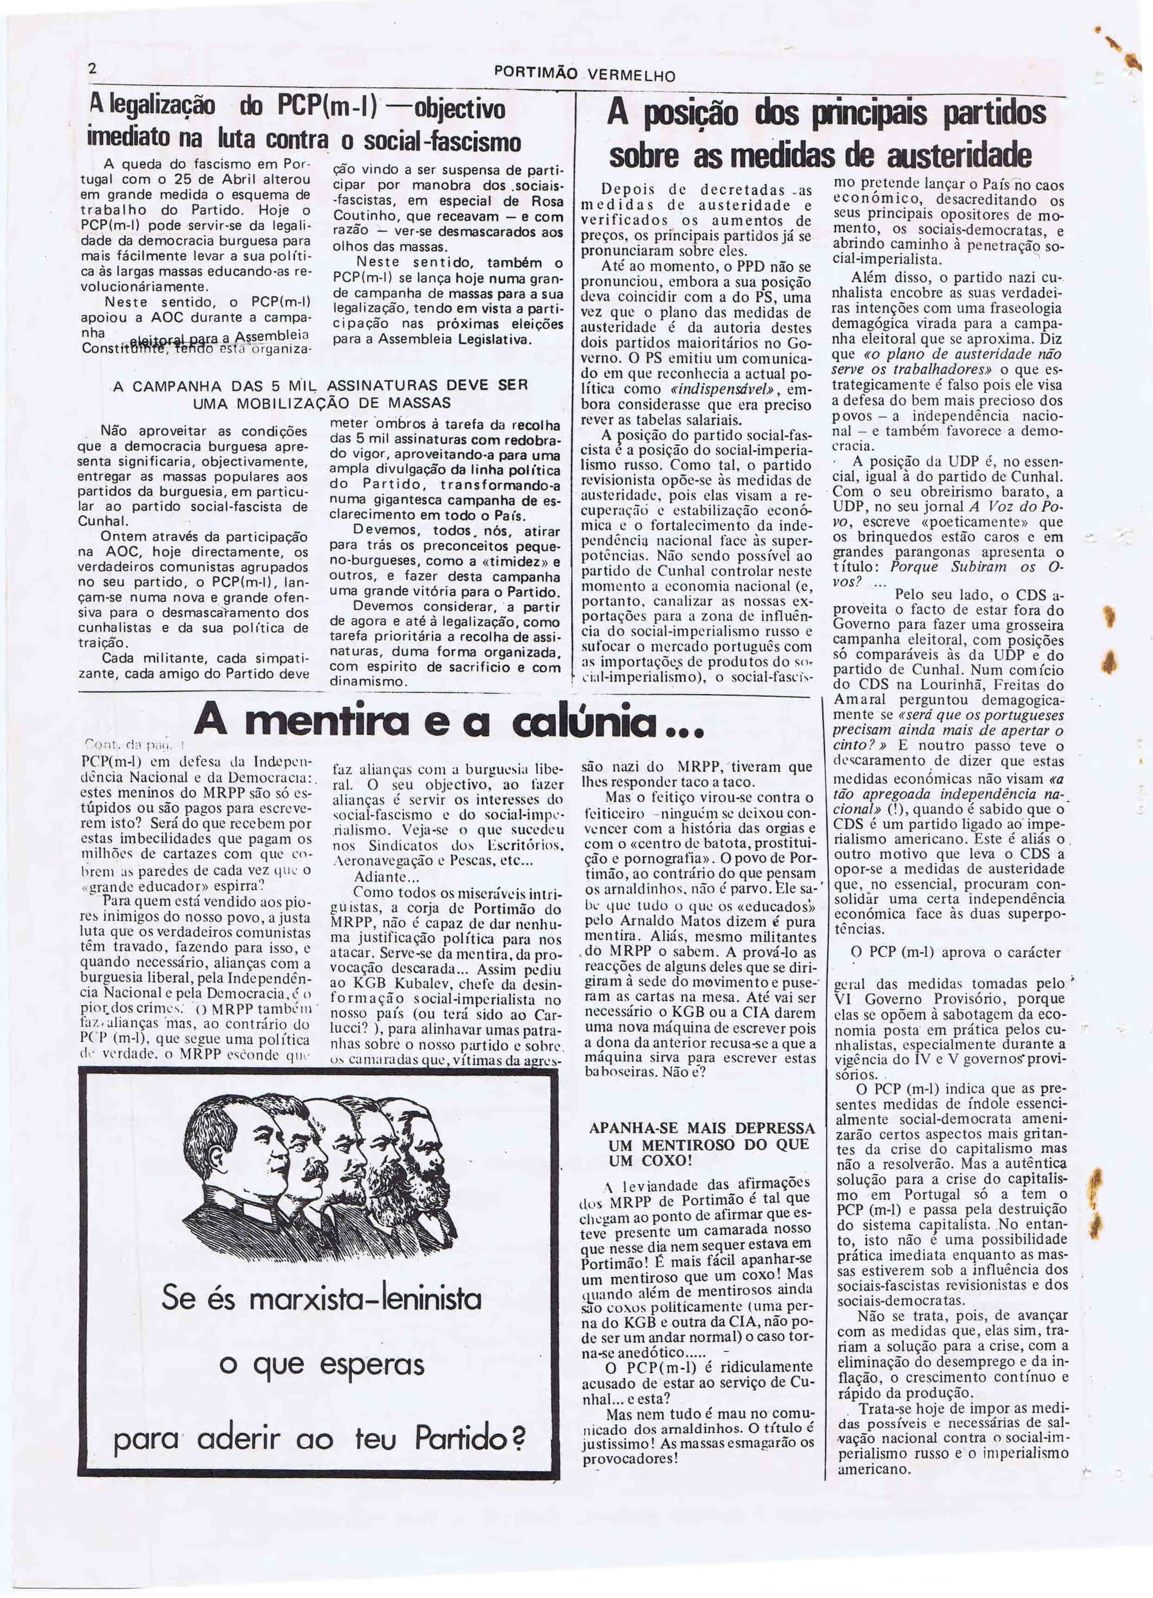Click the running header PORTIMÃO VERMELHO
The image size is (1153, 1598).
[585, 74]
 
